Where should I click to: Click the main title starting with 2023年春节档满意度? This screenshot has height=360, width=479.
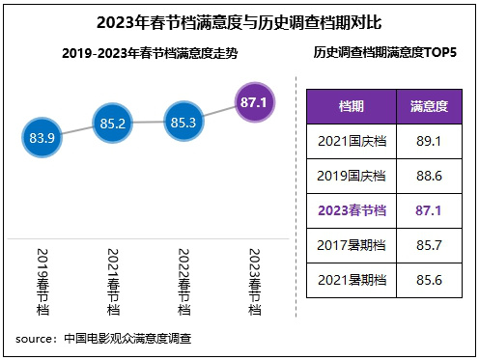point(239,20)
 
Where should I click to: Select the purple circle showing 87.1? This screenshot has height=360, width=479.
point(254,101)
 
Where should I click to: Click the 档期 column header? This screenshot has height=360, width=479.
point(352,105)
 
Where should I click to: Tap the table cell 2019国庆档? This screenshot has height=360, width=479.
point(352,174)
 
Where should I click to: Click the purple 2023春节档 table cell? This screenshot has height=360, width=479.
point(352,208)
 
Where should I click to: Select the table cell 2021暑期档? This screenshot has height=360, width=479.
point(352,279)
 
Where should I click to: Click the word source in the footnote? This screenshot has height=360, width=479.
point(36,339)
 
